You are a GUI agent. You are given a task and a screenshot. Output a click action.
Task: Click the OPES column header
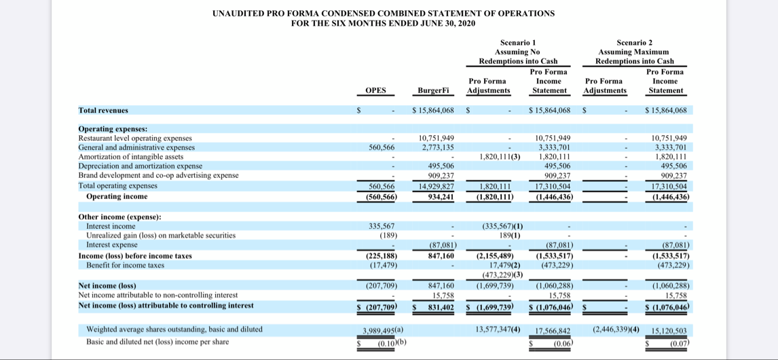coord(375,90)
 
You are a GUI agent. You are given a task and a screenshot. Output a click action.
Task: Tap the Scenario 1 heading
coord(518,42)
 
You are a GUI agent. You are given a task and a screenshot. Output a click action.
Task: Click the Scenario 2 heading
coord(635,42)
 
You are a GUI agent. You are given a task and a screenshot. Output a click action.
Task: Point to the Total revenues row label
coord(103,110)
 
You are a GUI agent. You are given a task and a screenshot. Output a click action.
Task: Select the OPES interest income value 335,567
coord(381,226)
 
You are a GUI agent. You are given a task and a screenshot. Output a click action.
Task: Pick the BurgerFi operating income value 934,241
coord(441,197)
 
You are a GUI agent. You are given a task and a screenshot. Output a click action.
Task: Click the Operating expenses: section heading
coord(113,128)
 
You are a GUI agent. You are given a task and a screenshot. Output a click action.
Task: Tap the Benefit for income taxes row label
coord(125,265)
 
